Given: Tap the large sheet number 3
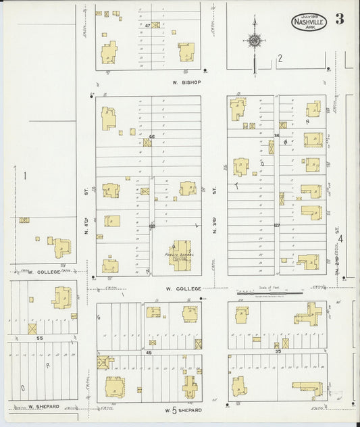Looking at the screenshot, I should click(339, 18).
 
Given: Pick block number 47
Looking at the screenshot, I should click(147, 25).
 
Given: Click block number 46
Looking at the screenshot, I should click(152, 137).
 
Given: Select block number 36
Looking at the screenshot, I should click(277, 136).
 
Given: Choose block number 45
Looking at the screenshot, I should click(149, 353).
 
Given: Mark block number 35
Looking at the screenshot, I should click(277, 352).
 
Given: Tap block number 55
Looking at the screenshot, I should click(39, 337).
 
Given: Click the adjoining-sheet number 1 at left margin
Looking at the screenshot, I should click(25, 176).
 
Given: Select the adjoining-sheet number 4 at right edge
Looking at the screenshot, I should click(341, 238).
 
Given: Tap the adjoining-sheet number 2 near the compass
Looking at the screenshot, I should click(279, 59).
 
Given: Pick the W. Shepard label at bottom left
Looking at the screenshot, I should click(44, 407).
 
